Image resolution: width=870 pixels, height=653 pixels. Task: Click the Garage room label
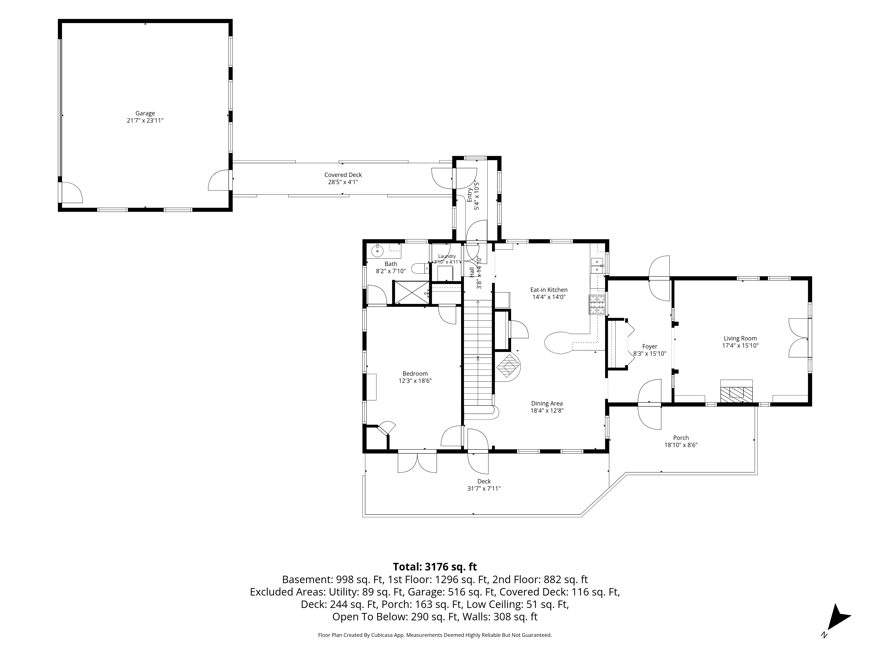pyautogui.click(x=145, y=113)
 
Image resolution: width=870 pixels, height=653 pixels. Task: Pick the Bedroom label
pyautogui.click(x=415, y=374)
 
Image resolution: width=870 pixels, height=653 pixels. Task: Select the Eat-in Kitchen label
pyautogui.click(x=549, y=290)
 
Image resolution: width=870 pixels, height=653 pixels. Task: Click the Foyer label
pyautogui.click(x=649, y=346)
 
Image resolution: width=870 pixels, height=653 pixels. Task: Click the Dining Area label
pyautogui.click(x=547, y=404)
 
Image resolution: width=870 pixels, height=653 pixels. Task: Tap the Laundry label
pyautogui.click(x=447, y=256)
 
